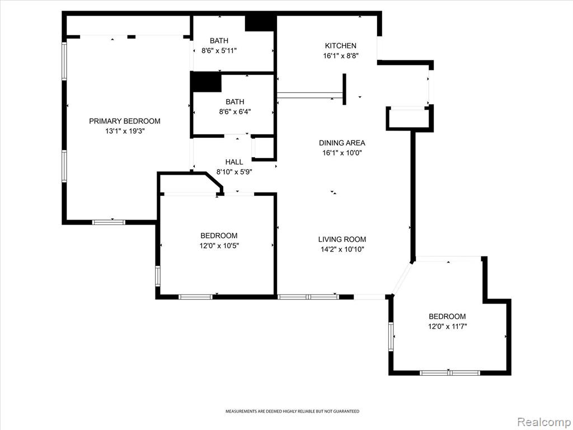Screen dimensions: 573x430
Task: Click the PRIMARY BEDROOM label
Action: pos(125,121)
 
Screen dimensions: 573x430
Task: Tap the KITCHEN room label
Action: pos(341,46)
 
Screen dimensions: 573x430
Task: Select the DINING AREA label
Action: pos(342,143)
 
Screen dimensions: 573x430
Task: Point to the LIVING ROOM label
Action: pos(342,240)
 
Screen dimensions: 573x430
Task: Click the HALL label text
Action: pos(234,162)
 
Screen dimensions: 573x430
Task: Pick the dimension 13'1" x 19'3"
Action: pos(125,131)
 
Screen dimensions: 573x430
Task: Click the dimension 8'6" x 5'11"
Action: pos(219,51)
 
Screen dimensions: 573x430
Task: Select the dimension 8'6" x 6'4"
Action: pos(235,112)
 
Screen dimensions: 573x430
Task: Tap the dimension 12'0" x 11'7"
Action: pos(447,326)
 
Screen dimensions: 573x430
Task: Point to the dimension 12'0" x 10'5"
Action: pos(219,246)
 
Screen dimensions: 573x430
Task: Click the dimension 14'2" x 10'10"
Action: pos(342,250)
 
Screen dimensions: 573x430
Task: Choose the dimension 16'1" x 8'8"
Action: pos(341,56)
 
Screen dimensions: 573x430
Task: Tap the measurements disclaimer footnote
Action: pos(292,412)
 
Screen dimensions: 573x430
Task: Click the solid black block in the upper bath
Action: pos(260,23)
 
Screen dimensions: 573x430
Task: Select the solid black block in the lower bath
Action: pos(206,82)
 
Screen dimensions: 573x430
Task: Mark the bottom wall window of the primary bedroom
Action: pos(109,222)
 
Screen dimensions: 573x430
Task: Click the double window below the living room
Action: pos(308,297)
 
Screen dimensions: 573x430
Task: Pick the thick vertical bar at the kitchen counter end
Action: pos(344,89)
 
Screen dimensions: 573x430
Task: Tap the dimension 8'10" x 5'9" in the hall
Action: pos(234,172)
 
